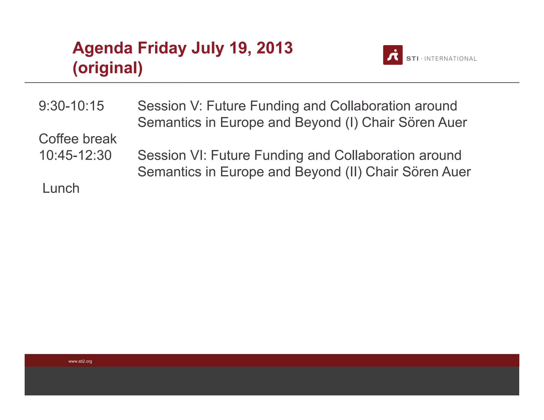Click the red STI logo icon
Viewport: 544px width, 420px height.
[x=393, y=55]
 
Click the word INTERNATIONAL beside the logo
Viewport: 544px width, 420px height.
[x=450, y=59]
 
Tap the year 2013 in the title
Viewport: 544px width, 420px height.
[x=274, y=48]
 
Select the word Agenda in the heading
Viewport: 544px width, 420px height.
[x=103, y=49]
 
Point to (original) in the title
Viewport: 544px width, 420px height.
[x=108, y=68]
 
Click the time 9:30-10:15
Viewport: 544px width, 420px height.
[x=71, y=106]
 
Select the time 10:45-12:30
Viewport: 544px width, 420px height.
[x=75, y=155]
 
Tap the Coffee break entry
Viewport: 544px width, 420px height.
[x=78, y=139]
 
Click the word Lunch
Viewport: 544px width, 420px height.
[x=61, y=188]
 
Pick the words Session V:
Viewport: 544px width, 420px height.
[x=170, y=106]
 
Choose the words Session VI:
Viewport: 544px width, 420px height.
[x=172, y=155]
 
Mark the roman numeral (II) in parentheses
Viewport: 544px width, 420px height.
[x=354, y=172]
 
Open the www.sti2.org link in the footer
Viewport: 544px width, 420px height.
[x=80, y=361]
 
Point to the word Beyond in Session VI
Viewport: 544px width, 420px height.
[x=318, y=172]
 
